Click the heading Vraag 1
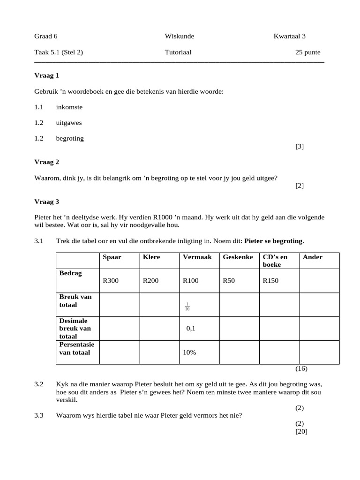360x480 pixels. [46, 75]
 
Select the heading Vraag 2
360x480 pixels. [46, 162]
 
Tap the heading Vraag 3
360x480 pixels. [46, 202]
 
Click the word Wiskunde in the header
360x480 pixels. [179, 36]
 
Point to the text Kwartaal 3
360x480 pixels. [290, 36]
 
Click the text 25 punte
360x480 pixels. [307, 52]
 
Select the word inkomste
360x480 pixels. [69, 107]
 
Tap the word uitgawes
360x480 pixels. [69, 123]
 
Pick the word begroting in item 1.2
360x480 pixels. [70, 139]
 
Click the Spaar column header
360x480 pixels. [112, 257]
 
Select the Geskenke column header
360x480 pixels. [238, 257]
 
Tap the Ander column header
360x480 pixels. [313, 257]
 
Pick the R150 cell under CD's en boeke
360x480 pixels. [270, 281]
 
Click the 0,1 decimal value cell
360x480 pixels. [190, 329]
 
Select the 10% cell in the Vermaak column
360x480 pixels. [189, 352]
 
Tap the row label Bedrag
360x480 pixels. [70, 273]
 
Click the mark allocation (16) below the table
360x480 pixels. [301, 368]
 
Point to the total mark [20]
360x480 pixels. [301, 432]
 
